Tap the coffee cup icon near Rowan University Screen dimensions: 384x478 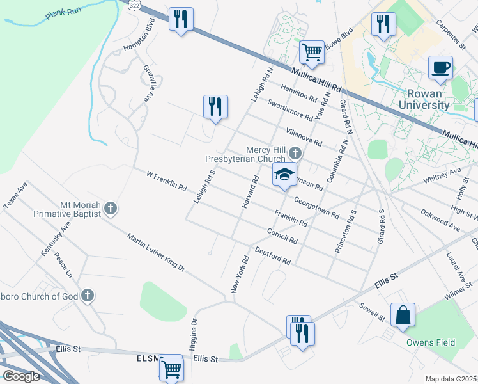(x=440, y=67)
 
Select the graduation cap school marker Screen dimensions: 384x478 (x=285, y=174)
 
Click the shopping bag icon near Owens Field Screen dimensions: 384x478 (x=403, y=315)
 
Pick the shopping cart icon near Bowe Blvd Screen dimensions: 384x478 (x=312, y=51)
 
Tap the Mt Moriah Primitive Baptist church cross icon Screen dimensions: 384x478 (x=111, y=208)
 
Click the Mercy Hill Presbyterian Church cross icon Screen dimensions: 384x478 (x=295, y=154)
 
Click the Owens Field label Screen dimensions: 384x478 (x=431, y=342)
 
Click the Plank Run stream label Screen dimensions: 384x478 (x=63, y=16)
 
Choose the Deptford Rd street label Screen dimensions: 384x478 (x=273, y=256)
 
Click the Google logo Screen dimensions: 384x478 (x=21, y=376)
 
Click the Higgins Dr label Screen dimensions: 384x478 (x=194, y=335)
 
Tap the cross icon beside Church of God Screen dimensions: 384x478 (x=88, y=296)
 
